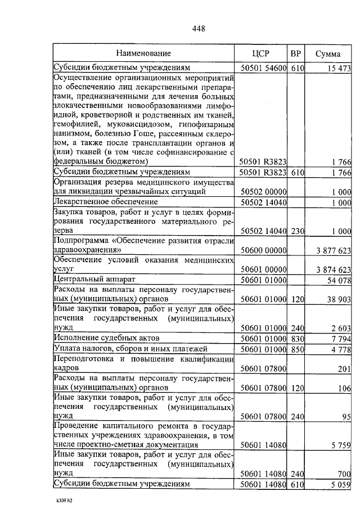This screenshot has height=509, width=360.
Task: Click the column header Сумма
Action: (x=327, y=53)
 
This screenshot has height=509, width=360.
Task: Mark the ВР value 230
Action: (x=297, y=231)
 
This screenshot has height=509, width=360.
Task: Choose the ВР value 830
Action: (x=297, y=338)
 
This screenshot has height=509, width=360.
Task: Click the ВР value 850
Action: (x=297, y=349)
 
